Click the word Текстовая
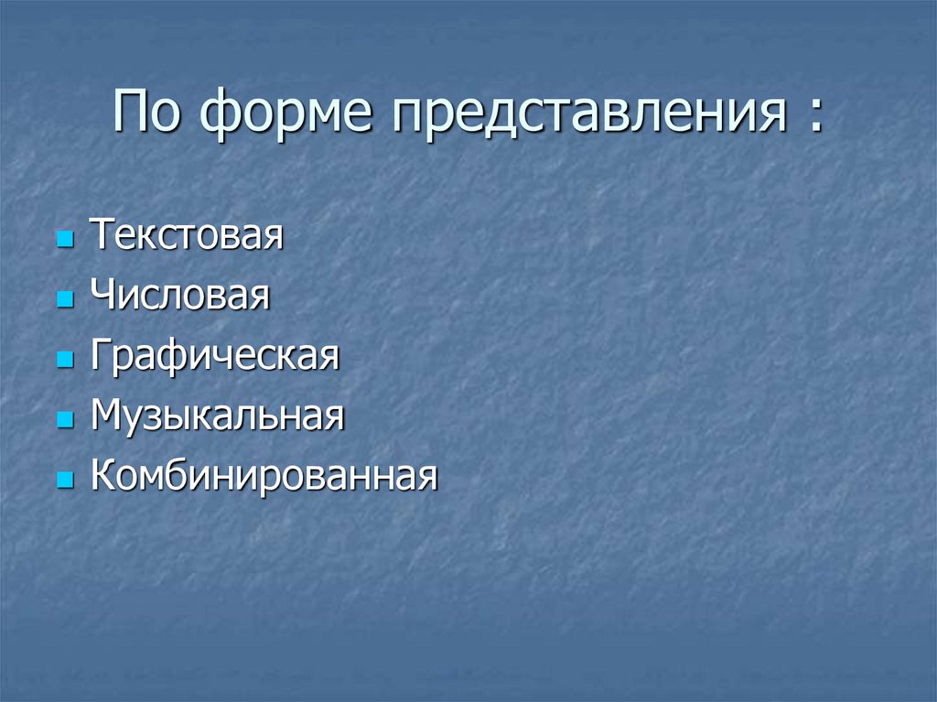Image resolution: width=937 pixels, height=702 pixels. (187, 235)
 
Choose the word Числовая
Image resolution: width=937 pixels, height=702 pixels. (180, 296)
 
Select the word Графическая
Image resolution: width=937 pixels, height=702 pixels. (215, 356)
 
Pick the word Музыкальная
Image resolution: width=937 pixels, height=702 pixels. (218, 416)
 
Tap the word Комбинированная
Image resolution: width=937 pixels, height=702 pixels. (264, 476)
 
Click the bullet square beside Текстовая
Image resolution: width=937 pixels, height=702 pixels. (64, 241)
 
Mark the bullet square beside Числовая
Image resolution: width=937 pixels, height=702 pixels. (64, 301)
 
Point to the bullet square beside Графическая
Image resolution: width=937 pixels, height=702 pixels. (64, 361)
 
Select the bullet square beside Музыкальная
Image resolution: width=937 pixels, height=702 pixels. (64, 421)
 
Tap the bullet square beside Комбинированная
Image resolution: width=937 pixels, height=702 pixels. (64, 481)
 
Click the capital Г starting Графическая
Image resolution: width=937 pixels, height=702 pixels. (99, 355)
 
